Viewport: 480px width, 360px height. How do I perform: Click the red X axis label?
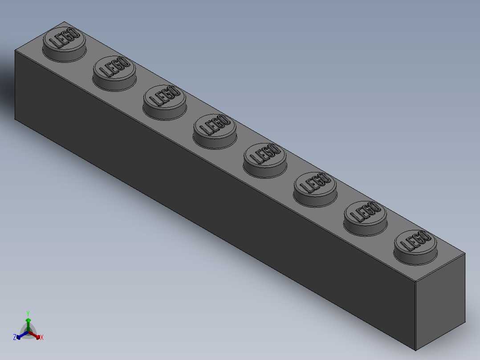42,338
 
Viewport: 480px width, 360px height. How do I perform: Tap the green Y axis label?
28,313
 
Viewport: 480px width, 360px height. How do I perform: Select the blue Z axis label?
15,338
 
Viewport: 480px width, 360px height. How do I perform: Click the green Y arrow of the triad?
28,322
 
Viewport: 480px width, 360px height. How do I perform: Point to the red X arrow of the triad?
37,336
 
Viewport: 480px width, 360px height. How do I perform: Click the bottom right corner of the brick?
415,350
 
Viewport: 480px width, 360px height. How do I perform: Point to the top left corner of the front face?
15,51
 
